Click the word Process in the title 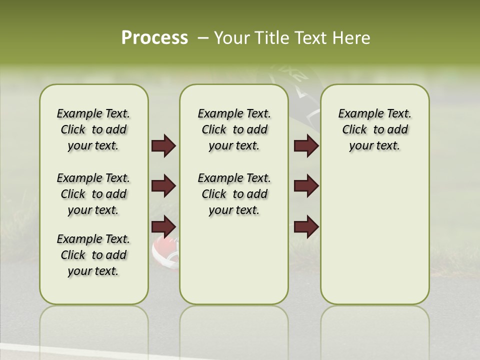coord(154,38)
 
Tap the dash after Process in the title coord(202,38)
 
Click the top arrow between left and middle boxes coord(163,146)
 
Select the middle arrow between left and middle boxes coord(163,186)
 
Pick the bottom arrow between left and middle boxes coord(163,227)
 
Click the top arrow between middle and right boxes coord(306,146)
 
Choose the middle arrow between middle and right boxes coord(306,186)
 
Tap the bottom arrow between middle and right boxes coord(306,227)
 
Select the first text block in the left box coord(93,129)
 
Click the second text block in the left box coord(93,194)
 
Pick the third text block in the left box coord(93,255)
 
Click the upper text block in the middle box coord(234,129)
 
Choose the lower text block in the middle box coord(234,194)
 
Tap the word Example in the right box coord(356,114)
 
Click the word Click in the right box coord(354,130)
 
